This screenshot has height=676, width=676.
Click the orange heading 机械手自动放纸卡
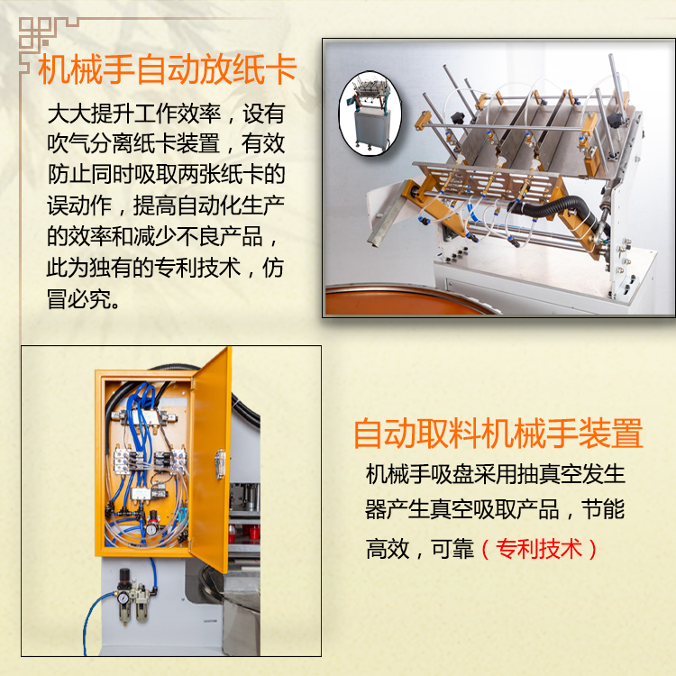[x=167, y=69]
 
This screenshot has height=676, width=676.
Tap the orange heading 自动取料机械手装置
[x=498, y=433]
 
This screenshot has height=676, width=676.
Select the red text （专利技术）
[x=539, y=549]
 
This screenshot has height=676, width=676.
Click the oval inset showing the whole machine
[x=370, y=113]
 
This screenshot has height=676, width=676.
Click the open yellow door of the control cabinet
[x=210, y=458]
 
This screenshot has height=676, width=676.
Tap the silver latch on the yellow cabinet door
[x=220, y=464]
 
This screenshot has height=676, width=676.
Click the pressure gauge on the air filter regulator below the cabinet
[x=123, y=598]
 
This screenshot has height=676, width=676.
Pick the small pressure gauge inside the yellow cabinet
[x=152, y=528]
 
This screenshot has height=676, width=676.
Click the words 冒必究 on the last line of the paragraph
[x=79, y=298]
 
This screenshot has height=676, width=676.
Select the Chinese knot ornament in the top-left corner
[x=34, y=33]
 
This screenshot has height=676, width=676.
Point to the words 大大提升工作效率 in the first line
[x=133, y=113]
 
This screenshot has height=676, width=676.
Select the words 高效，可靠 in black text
[x=419, y=549]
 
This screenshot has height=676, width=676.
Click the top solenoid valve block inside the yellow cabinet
[x=144, y=417]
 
